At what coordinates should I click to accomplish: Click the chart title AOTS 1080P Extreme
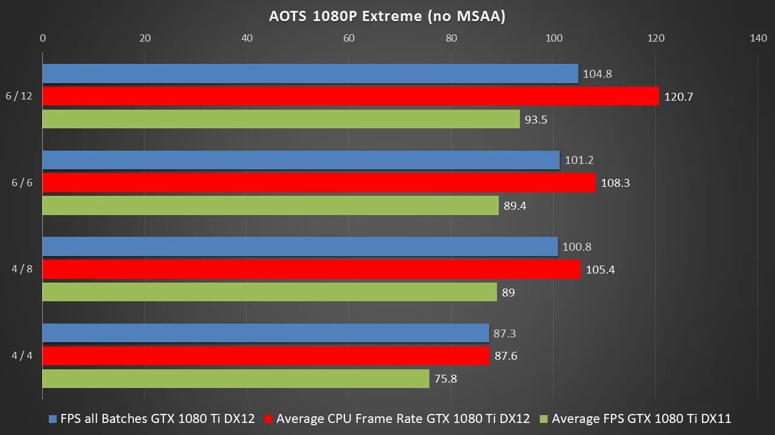[387, 16]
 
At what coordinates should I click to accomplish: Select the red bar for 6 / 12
[350, 96]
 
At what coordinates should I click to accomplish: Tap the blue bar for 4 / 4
[265, 333]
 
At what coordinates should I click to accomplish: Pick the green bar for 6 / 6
[270, 205]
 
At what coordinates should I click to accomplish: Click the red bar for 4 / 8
[311, 269]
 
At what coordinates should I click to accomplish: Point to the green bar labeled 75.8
[236, 379]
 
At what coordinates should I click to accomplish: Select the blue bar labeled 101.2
[301, 160]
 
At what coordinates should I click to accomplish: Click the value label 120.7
[679, 96]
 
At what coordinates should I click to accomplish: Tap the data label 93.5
[536, 119]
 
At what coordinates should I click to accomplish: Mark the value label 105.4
[599, 269]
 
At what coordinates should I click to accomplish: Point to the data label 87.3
[505, 333]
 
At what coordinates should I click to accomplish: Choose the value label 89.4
[514, 205]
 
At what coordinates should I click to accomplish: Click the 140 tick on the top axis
[758, 38]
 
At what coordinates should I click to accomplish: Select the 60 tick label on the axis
[349, 38]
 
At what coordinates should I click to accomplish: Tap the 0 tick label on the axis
[42, 38]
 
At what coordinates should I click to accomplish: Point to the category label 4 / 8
[22, 269]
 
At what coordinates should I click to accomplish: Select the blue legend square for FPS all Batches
[52, 419]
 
